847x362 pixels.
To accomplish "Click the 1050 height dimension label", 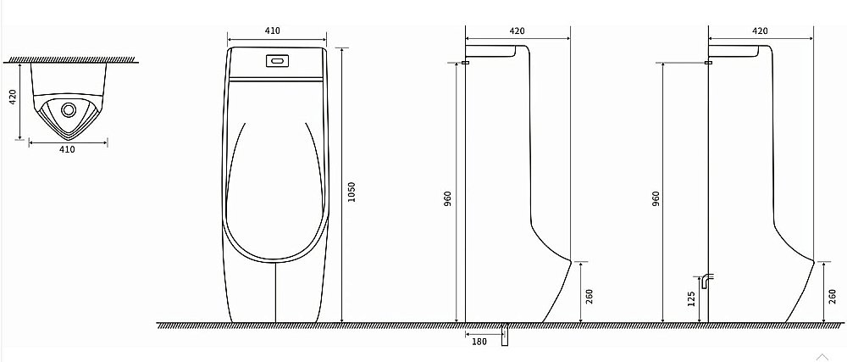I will click(x=352, y=193).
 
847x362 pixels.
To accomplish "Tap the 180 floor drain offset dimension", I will click(x=479, y=342).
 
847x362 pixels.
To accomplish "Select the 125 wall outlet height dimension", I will click(x=692, y=299).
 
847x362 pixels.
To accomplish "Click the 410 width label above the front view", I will click(x=273, y=31).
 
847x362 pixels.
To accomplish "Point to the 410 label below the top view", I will click(x=67, y=149).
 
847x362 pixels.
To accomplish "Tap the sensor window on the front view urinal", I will click(x=277, y=62).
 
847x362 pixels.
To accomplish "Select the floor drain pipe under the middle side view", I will click(x=506, y=335).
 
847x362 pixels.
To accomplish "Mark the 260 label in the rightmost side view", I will click(x=833, y=296).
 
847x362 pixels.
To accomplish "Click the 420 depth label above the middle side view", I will click(x=517, y=31).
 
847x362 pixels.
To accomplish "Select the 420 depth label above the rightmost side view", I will click(x=760, y=31).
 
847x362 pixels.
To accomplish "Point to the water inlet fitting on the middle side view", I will click(x=466, y=62).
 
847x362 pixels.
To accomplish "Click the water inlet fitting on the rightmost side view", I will click(x=709, y=62).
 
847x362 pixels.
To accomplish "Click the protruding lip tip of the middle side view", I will click(x=570, y=260).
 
